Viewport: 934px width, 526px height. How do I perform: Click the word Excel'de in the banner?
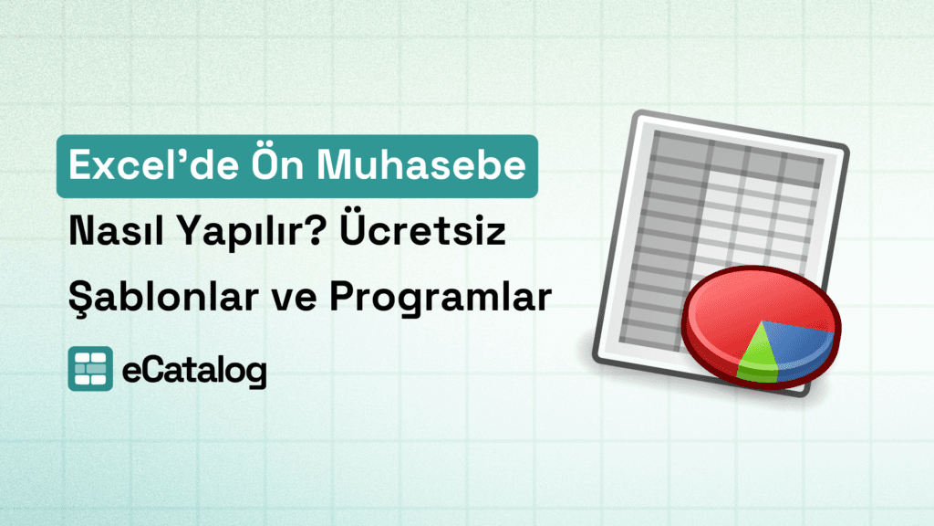coord(140,168)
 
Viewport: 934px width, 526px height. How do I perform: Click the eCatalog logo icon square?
coord(90,369)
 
